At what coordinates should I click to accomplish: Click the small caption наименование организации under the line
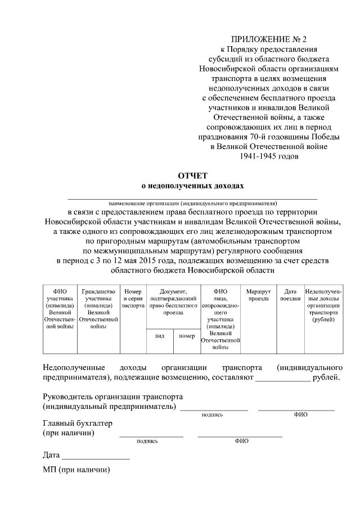point(193,203)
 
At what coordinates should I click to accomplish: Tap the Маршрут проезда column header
point(259,295)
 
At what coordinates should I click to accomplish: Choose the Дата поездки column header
point(290,295)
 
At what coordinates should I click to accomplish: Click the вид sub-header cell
point(159,336)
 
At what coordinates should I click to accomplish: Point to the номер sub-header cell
point(187,336)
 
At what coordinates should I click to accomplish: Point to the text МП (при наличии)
point(76,470)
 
